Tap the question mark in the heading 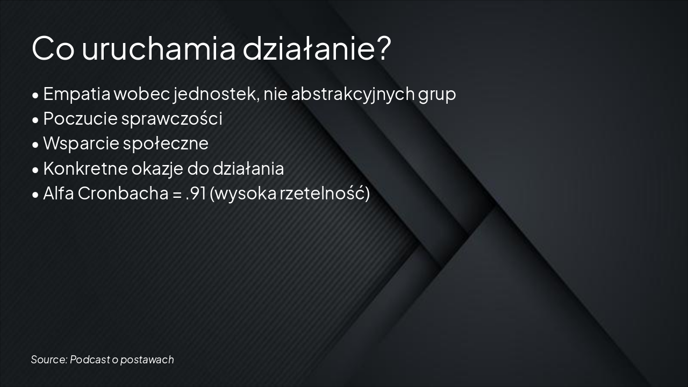pyautogui.click(x=382, y=48)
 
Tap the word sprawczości pyautogui.click(x=172, y=119)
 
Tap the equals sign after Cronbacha pyautogui.click(x=178, y=194)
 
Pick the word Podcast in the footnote pyautogui.click(x=89, y=360)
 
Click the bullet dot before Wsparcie pyautogui.click(x=35, y=145)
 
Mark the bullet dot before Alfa pyautogui.click(x=35, y=195)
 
